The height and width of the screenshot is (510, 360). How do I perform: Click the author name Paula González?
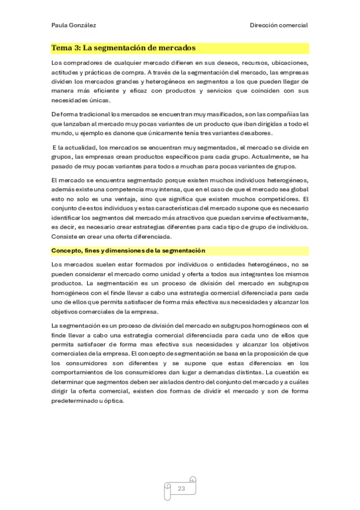click(x=73, y=25)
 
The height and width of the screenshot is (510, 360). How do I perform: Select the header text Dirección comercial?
click(x=279, y=25)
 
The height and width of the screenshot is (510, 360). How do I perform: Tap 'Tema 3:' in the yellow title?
click(x=66, y=48)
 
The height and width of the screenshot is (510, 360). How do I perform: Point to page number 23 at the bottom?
click(x=181, y=489)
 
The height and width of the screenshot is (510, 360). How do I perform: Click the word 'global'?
click(x=297, y=189)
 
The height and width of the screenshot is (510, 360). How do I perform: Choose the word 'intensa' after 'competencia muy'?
click(x=163, y=189)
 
